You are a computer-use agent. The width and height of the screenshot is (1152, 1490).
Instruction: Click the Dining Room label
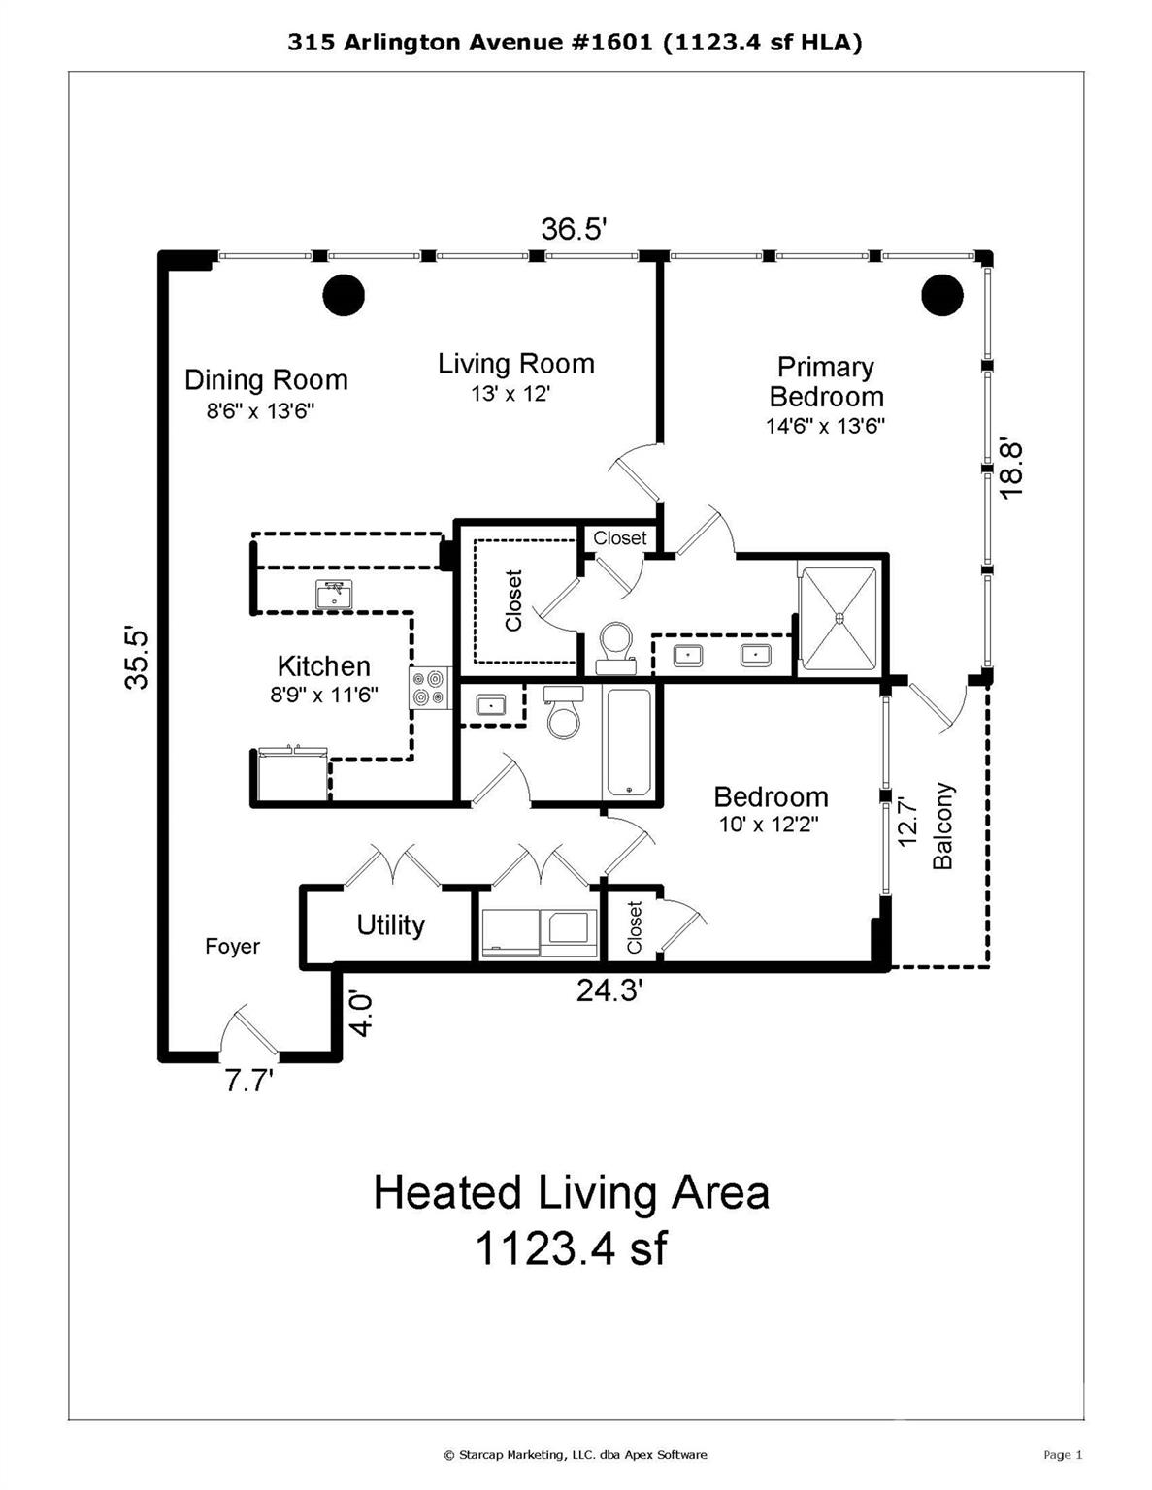266,379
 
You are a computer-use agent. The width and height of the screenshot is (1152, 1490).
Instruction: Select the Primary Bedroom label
826,381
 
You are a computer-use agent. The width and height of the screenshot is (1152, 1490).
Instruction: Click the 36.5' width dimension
574,230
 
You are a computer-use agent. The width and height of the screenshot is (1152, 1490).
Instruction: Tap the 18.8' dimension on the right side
1011,470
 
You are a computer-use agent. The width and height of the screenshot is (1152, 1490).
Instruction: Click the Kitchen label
323,666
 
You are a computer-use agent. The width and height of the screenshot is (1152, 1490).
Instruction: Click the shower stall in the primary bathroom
839,618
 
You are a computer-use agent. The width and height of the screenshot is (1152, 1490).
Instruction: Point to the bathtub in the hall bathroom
630,741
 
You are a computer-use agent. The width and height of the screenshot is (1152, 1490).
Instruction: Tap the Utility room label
390,925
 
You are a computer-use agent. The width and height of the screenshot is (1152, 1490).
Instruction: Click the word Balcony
943,826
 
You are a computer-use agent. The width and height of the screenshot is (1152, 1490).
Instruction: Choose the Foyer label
232,947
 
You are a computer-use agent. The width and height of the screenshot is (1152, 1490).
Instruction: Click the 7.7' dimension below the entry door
249,1081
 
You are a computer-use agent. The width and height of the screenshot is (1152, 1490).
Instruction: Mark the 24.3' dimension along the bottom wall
609,990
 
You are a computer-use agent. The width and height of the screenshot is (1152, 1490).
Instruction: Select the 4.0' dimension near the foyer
361,1014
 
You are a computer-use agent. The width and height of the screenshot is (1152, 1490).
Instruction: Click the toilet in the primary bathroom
615,647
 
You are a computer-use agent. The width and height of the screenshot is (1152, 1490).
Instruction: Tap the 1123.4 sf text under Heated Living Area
570,1247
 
